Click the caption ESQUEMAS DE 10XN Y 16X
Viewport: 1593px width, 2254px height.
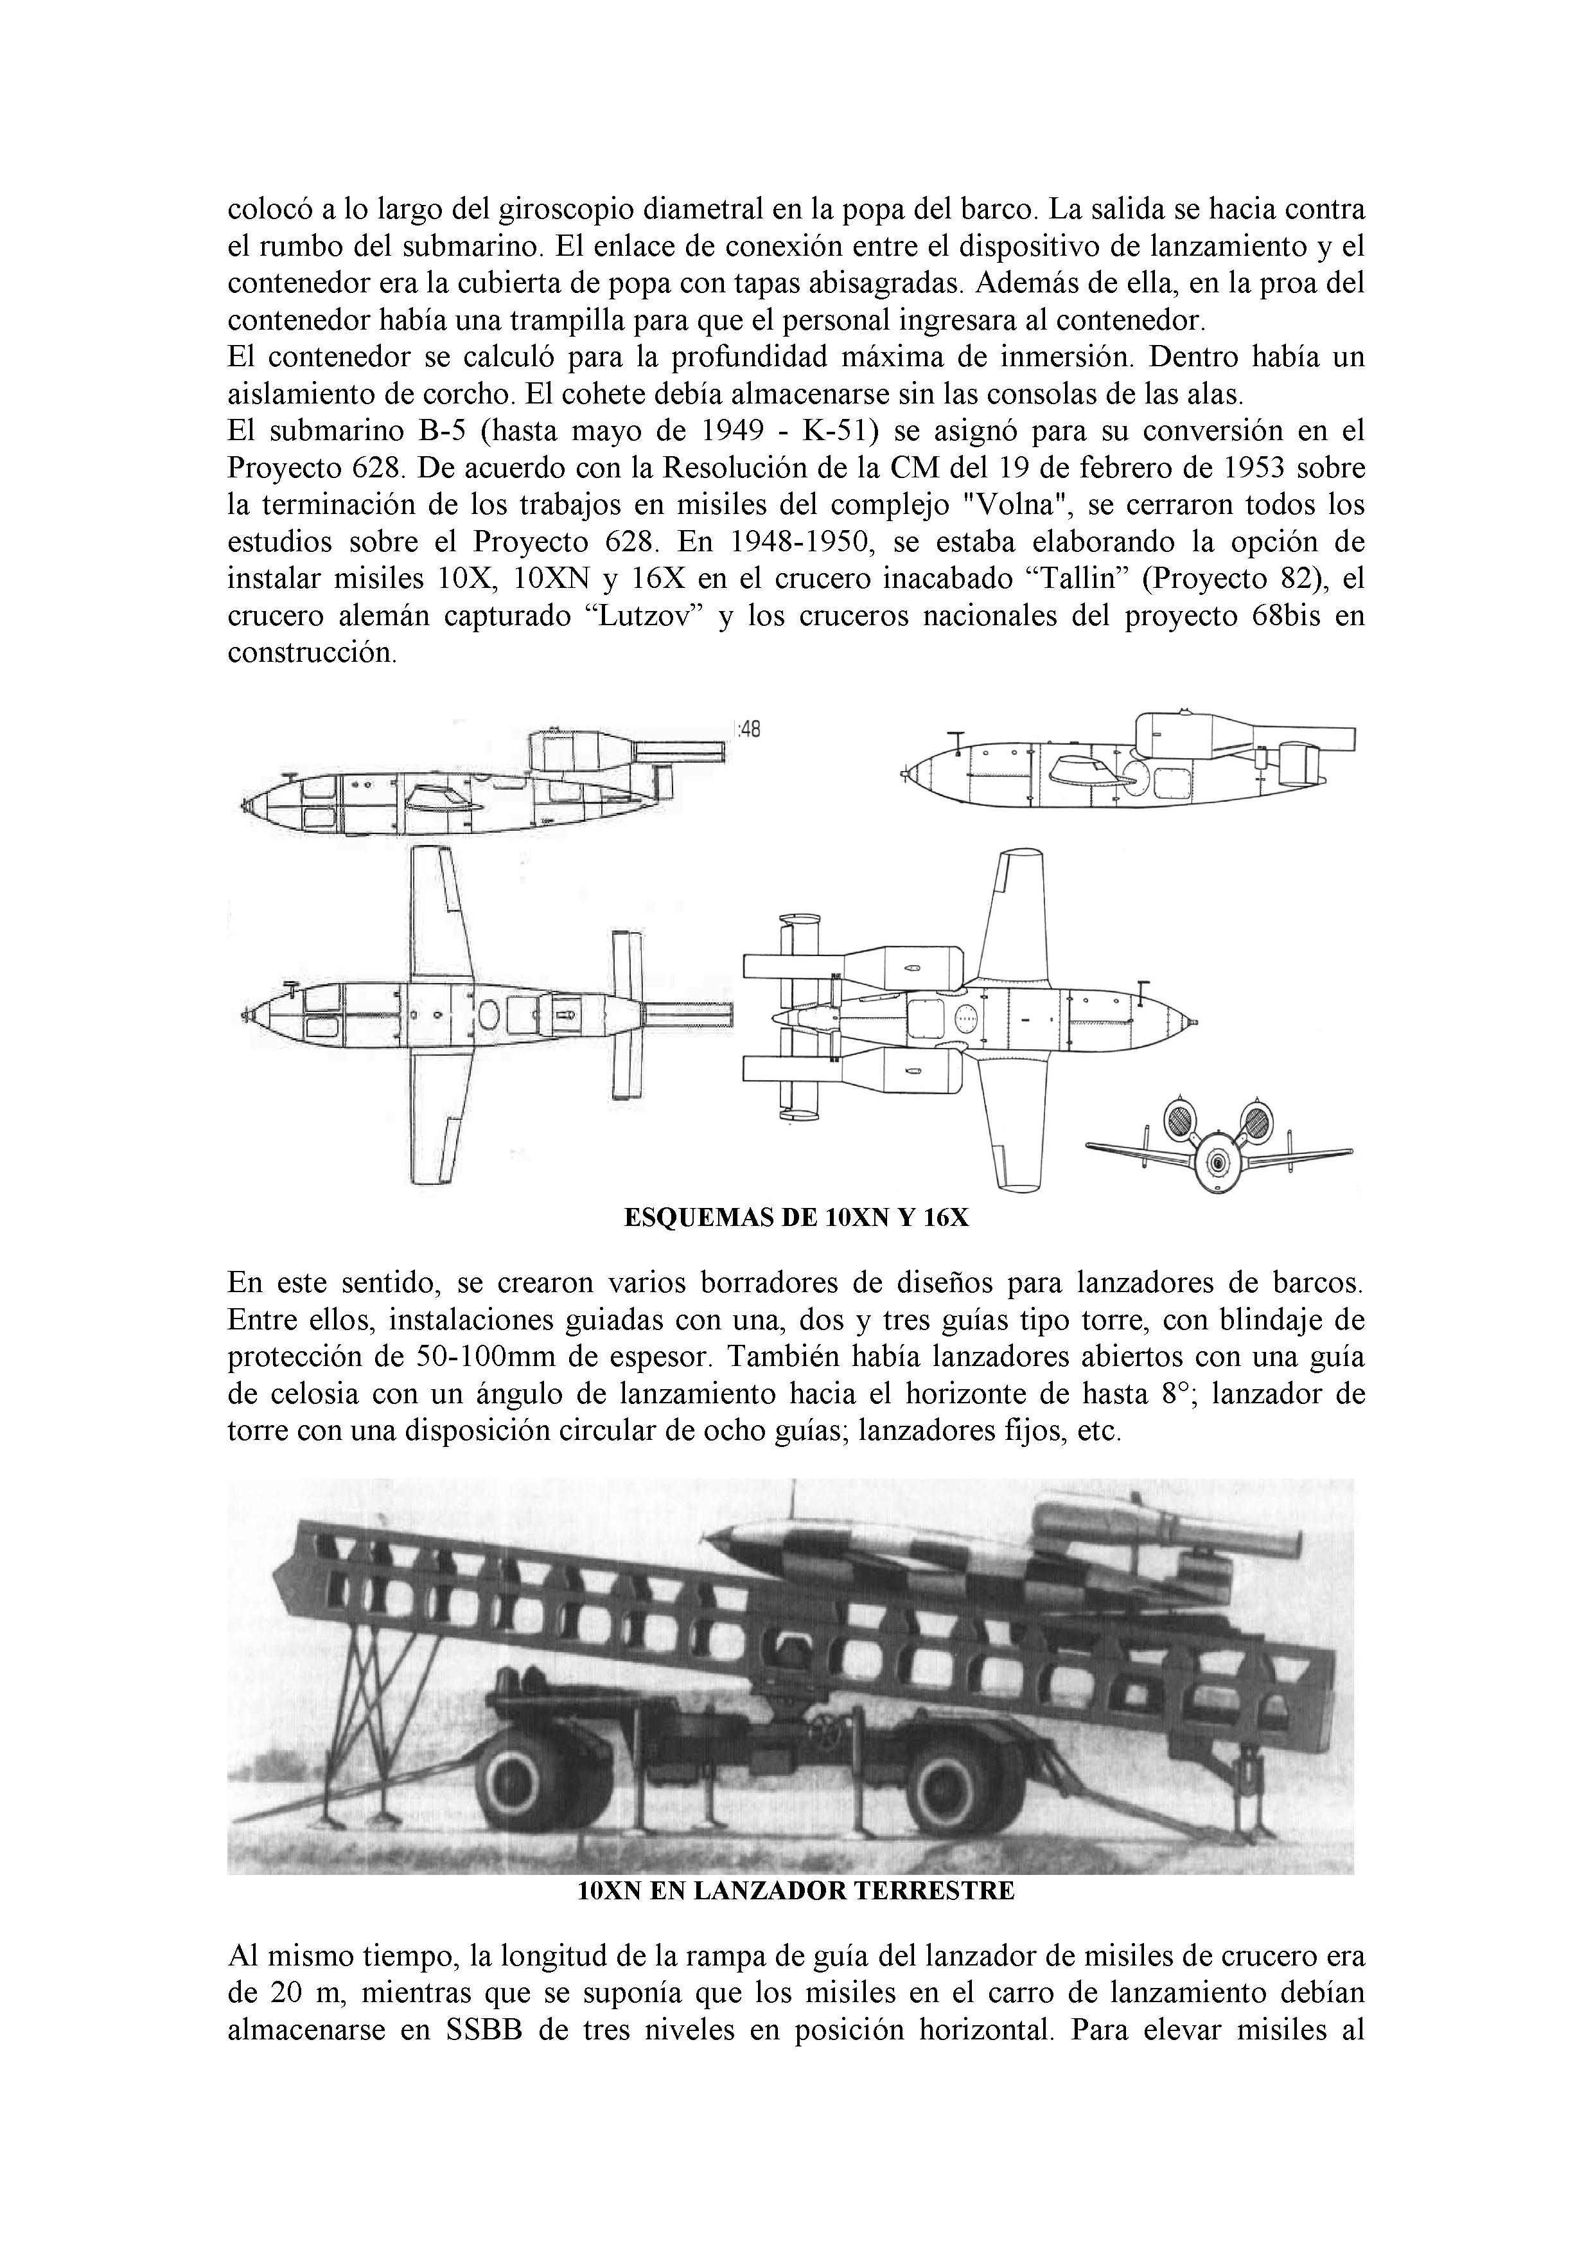(796, 1218)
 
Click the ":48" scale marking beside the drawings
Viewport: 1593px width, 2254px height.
(747, 729)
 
